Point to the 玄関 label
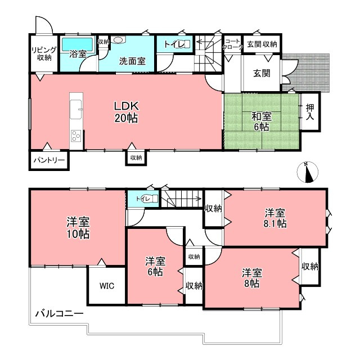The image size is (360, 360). (x=262, y=73)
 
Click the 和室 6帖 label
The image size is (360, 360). (x=260, y=121)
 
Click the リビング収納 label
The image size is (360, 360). (x=41, y=53)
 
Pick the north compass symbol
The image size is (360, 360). (x=308, y=173)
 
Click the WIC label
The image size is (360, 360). (x=107, y=285)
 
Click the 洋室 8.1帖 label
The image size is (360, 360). (x=276, y=218)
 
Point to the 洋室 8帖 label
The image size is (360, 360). (x=252, y=278)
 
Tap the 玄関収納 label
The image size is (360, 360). (x=262, y=44)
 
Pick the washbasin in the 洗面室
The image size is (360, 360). (x=118, y=40)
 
